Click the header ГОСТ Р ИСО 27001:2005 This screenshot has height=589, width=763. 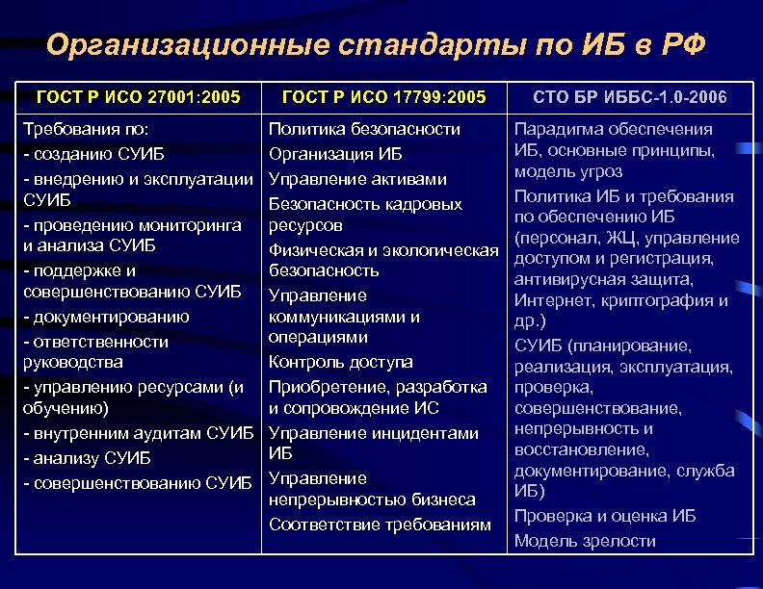click(x=138, y=97)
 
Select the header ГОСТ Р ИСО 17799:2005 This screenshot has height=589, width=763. click(x=383, y=97)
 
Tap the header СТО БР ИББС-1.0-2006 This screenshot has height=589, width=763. click(x=630, y=98)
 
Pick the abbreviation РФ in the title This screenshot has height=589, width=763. click(x=686, y=44)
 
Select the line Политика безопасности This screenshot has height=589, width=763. click(x=364, y=129)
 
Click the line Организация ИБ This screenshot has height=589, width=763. click(x=335, y=154)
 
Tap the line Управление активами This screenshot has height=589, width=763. click(x=357, y=179)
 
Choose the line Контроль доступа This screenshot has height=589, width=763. click(x=341, y=362)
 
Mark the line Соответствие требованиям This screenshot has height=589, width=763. click(x=373, y=525)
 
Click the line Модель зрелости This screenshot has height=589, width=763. click(x=585, y=540)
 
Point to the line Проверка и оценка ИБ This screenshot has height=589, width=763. click(x=605, y=516)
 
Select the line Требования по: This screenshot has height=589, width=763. click(x=85, y=129)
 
